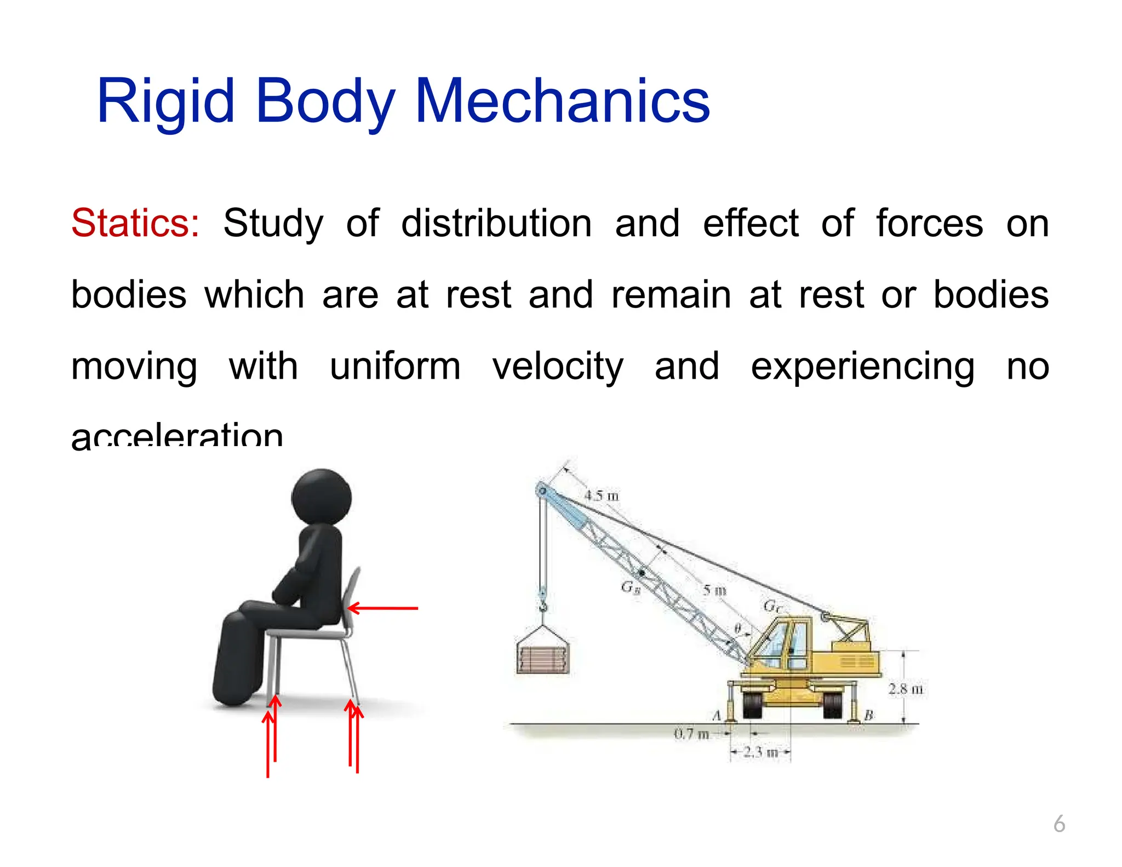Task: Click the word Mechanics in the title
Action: click(562, 101)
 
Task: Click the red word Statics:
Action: click(135, 224)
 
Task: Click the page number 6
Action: click(1060, 824)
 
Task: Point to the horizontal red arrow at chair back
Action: click(383, 608)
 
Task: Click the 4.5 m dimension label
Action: click(601, 495)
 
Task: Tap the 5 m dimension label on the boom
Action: click(714, 590)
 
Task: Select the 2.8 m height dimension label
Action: click(905, 689)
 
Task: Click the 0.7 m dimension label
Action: click(691, 733)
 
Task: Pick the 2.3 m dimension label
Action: click(761, 752)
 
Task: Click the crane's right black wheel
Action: click(833, 705)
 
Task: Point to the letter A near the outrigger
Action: click(717, 716)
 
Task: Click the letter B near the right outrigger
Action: click(868, 715)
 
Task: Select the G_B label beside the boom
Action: click(631, 588)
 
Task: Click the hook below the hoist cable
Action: click(543, 606)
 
